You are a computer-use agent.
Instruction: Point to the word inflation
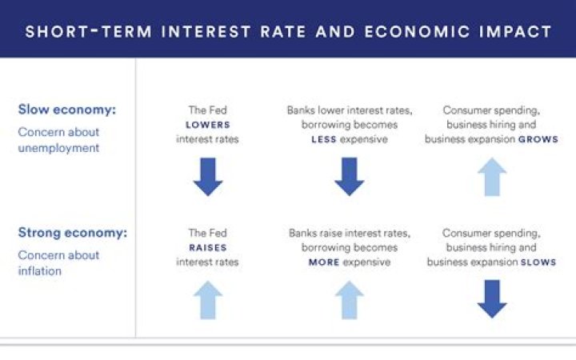click(39, 270)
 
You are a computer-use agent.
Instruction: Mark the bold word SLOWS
click(538, 262)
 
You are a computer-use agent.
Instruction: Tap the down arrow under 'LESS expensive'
click(350, 177)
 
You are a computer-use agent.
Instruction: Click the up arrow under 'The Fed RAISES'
click(207, 300)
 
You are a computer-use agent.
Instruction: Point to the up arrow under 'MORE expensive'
click(350, 300)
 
